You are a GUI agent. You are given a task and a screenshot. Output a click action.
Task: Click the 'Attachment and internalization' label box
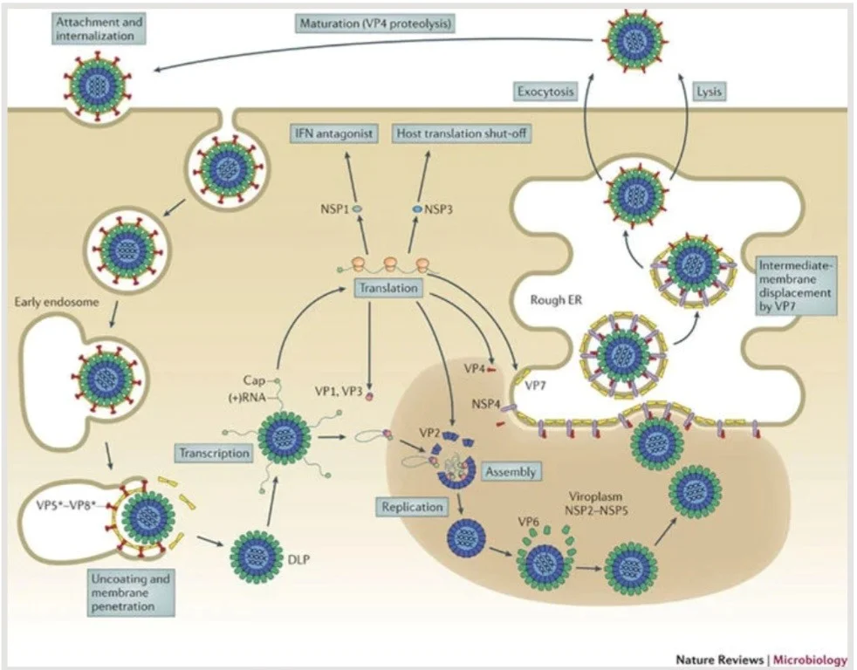pyautogui.click(x=99, y=29)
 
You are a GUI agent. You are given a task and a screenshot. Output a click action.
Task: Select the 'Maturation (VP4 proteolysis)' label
pyautogui.click(x=376, y=24)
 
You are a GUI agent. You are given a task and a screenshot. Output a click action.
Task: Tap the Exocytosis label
pyautogui.click(x=545, y=92)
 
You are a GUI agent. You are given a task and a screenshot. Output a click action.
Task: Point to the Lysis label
pyautogui.click(x=709, y=92)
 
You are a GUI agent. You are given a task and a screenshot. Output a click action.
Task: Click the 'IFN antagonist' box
pyautogui.click(x=334, y=133)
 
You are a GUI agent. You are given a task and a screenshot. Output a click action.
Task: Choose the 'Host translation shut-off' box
pyautogui.click(x=462, y=133)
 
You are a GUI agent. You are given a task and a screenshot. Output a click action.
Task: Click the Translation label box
pyautogui.click(x=388, y=288)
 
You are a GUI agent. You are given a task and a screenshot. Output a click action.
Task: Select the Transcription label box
pyautogui.click(x=215, y=453)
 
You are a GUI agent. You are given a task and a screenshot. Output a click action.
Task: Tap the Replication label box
pyautogui.click(x=412, y=507)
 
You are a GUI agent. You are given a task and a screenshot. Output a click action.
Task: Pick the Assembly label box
pyautogui.click(x=511, y=472)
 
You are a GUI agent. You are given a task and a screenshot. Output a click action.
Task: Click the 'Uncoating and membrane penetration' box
pyautogui.click(x=131, y=592)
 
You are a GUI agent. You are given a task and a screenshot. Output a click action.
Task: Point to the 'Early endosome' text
pyautogui.click(x=57, y=302)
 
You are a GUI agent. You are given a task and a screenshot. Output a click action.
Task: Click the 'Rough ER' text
pyautogui.click(x=556, y=300)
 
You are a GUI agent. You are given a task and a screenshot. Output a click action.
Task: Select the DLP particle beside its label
pyautogui.click(x=256, y=557)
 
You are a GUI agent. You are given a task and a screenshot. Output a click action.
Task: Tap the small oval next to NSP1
pyautogui.click(x=358, y=209)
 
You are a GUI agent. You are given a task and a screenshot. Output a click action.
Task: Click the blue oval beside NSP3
pyautogui.click(x=417, y=209)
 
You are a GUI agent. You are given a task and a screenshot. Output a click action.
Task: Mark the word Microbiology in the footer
pyautogui.click(x=810, y=659)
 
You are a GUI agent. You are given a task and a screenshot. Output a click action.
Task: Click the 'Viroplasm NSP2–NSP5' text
pyautogui.click(x=595, y=504)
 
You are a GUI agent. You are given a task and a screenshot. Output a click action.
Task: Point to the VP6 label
pyautogui.click(x=528, y=522)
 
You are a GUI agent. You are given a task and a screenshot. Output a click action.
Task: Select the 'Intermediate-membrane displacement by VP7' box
pyautogui.click(x=795, y=286)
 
